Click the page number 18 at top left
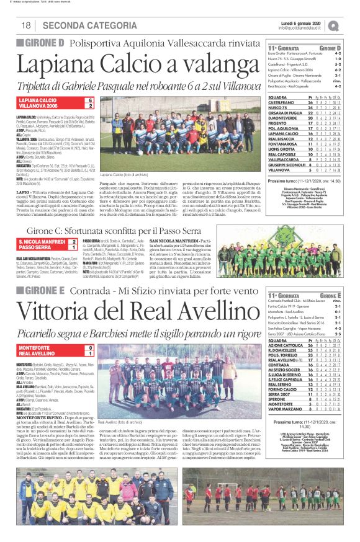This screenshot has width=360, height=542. tap(26, 25)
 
